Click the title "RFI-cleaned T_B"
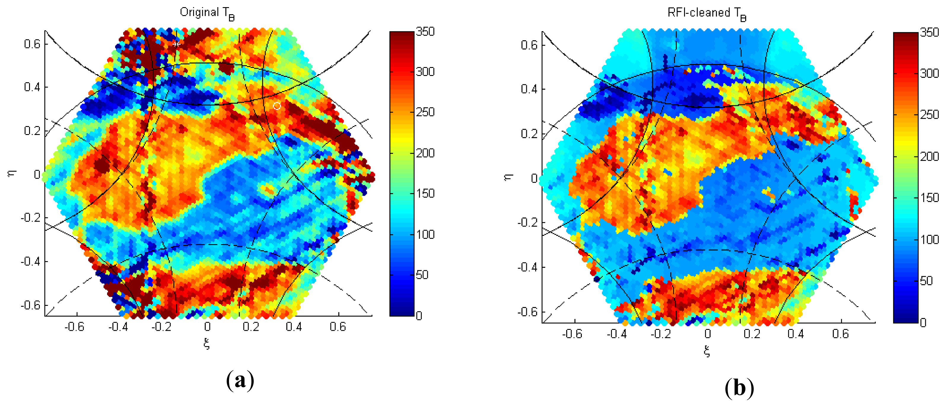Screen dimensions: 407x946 click(x=707, y=13)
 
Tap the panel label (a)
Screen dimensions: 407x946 click(x=240, y=381)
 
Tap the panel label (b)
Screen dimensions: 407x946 click(x=739, y=388)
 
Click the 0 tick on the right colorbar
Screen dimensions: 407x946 click(x=923, y=322)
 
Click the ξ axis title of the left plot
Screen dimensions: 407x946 click(x=207, y=344)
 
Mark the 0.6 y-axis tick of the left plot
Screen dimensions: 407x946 click(x=32, y=44)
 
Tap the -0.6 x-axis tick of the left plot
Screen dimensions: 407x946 click(x=74, y=327)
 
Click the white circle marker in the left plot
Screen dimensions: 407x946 click(x=277, y=106)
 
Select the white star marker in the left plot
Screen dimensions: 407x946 click(x=176, y=44)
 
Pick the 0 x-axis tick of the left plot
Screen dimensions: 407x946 click(x=207, y=327)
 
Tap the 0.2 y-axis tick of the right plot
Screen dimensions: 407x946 click(x=529, y=134)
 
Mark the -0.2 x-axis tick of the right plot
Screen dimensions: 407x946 click(x=661, y=334)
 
